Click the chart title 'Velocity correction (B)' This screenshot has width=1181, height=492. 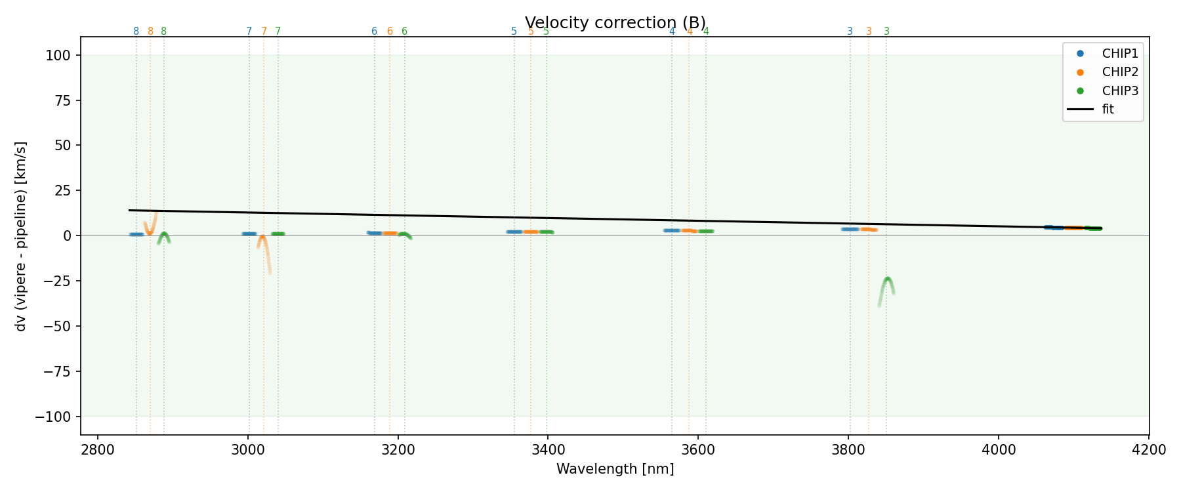(615, 22)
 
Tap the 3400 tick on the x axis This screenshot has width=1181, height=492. (548, 449)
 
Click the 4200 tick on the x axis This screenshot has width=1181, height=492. (1149, 449)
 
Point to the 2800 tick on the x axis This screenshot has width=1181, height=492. (97, 449)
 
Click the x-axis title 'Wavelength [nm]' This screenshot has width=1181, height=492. (615, 469)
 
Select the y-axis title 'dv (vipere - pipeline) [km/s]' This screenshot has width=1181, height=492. (21, 236)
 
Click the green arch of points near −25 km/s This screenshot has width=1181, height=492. (887, 280)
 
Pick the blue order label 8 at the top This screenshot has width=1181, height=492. (136, 31)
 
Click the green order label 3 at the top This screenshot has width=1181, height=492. (886, 31)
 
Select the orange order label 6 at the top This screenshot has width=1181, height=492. (390, 31)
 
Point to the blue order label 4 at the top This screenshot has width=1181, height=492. (672, 31)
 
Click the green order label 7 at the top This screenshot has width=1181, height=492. (278, 31)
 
